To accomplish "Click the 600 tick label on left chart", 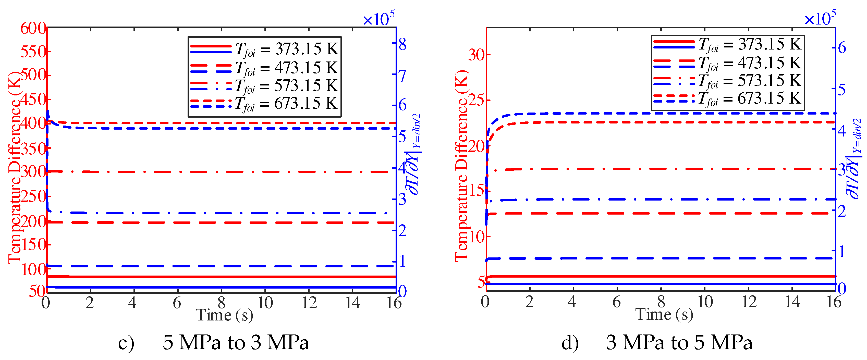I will click(x=33, y=28).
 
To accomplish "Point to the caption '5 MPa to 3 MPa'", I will click(x=236, y=342).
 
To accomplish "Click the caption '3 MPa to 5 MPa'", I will click(x=679, y=342).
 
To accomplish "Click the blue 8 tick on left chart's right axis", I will click(x=402, y=44).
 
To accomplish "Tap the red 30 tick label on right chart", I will click(x=477, y=55).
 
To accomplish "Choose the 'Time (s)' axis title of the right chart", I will click(x=664, y=315).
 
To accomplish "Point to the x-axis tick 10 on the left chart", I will click(x=265, y=303).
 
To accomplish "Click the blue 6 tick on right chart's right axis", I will click(x=842, y=47).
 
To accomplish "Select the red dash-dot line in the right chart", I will click(x=660, y=169).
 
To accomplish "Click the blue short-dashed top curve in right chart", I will click(x=660, y=113).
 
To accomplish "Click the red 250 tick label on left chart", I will click(x=33, y=196).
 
